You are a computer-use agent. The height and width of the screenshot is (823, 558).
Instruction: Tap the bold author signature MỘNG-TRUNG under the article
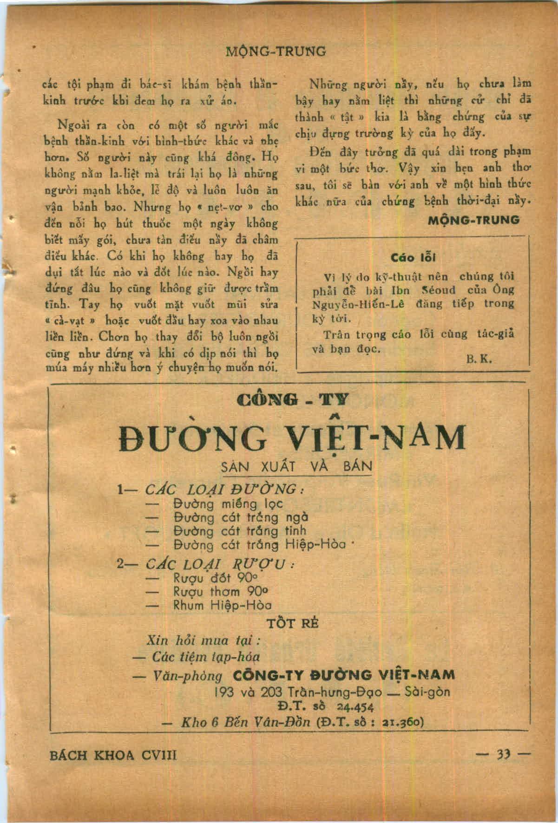473,220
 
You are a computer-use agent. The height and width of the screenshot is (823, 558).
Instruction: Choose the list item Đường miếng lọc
228,503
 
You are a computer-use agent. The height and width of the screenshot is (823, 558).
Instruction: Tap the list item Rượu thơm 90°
220,592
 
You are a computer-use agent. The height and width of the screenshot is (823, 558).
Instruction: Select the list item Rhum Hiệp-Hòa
223,605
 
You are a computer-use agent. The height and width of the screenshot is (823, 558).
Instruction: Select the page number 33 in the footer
504,754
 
